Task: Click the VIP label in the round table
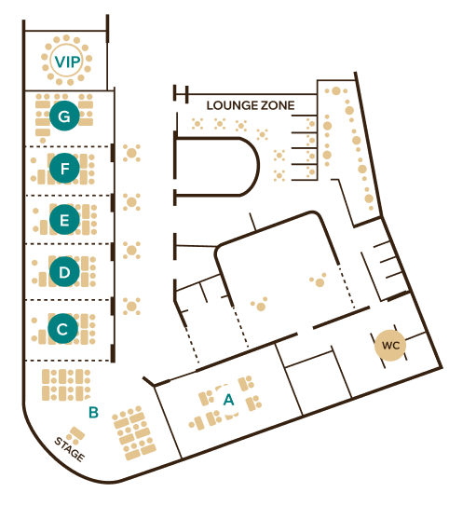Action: [x=67, y=62]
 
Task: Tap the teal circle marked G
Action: [x=64, y=116]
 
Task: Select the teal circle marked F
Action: [x=64, y=168]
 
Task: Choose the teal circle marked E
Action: [x=64, y=220]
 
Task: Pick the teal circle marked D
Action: [x=64, y=272]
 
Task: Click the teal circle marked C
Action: [x=63, y=329]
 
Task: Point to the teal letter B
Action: [x=93, y=412]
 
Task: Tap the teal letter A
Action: [x=228, y=400]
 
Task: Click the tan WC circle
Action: [x=390, y=346]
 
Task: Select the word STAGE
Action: [x=70, y=449]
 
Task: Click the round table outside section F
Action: [x=131, y=153]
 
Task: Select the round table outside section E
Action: [x=131, y=202]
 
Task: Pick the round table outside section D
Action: [x=131, y=250]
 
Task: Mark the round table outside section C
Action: [x=131, y=307]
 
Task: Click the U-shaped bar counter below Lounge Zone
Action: [x=258, y=167]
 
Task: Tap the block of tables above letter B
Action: [x=66, y=385]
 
